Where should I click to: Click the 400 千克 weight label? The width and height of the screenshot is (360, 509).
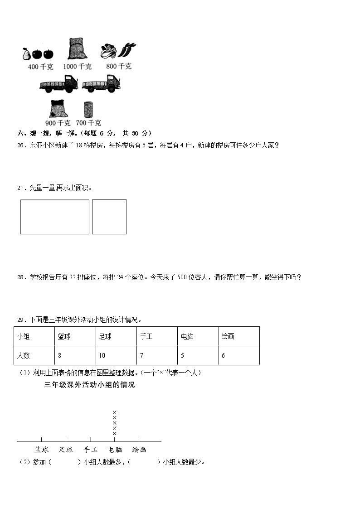click(x=41, y=67)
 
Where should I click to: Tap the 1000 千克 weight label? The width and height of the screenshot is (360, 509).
click(x=77, y=67)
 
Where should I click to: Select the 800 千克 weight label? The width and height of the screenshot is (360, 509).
click(x=119, y=66)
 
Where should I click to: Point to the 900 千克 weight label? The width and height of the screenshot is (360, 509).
click(x=58, y=123)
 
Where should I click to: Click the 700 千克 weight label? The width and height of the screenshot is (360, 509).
click(x=88, y=123)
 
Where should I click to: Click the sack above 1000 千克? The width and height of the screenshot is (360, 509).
click(x=77, y=49)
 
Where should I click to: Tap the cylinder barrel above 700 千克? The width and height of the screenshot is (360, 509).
click(x=88, y=109)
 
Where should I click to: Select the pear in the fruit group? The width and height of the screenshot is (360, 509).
click(x=26, y=53)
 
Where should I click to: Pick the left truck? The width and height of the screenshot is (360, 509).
click(x=58, y=84)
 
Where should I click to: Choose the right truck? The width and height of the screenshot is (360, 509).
click(x=101, y=84)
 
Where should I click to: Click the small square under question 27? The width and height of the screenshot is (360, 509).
click(x=109, y=217)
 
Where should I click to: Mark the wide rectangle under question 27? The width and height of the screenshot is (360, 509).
click(x=55, y=217)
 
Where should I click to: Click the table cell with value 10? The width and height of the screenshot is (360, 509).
click(x=116, y=356)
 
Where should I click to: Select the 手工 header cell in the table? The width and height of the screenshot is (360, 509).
click(x=157, y=337)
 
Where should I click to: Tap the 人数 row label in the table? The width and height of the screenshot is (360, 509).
click(x=34, y=356)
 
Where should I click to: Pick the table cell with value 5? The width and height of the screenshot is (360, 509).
click(x=198, y=356)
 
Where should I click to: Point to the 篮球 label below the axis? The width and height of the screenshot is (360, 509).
click(x=42, y=450)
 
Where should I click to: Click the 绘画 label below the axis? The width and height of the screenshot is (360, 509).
click(x=139, y=450)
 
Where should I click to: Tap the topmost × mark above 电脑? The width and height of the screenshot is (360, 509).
click(x=115, y=412)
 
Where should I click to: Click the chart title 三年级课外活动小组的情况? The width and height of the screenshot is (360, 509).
click(x=90, y=385)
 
